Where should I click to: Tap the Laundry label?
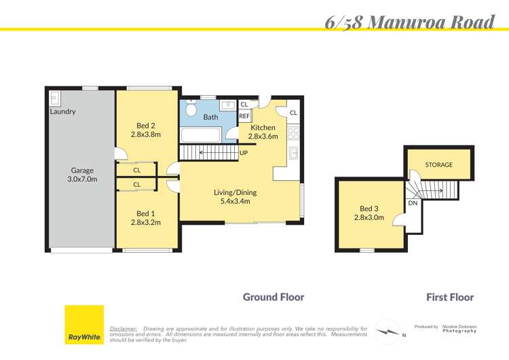62,111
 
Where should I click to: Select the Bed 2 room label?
147,130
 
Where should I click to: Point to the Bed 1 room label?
147,217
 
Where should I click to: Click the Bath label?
210,117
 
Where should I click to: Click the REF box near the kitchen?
244,116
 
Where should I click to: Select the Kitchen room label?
263,132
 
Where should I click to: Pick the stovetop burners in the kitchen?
293,132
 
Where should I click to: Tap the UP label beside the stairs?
243,153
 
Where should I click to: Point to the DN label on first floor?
412,203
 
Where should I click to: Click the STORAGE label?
438,164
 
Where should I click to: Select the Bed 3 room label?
369,213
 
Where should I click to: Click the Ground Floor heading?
274,297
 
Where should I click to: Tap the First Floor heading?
450,297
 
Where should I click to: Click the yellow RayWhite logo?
83,325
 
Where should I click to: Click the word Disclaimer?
123,328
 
